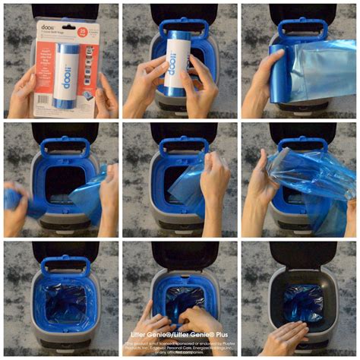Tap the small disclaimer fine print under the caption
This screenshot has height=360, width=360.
(180, 347)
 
